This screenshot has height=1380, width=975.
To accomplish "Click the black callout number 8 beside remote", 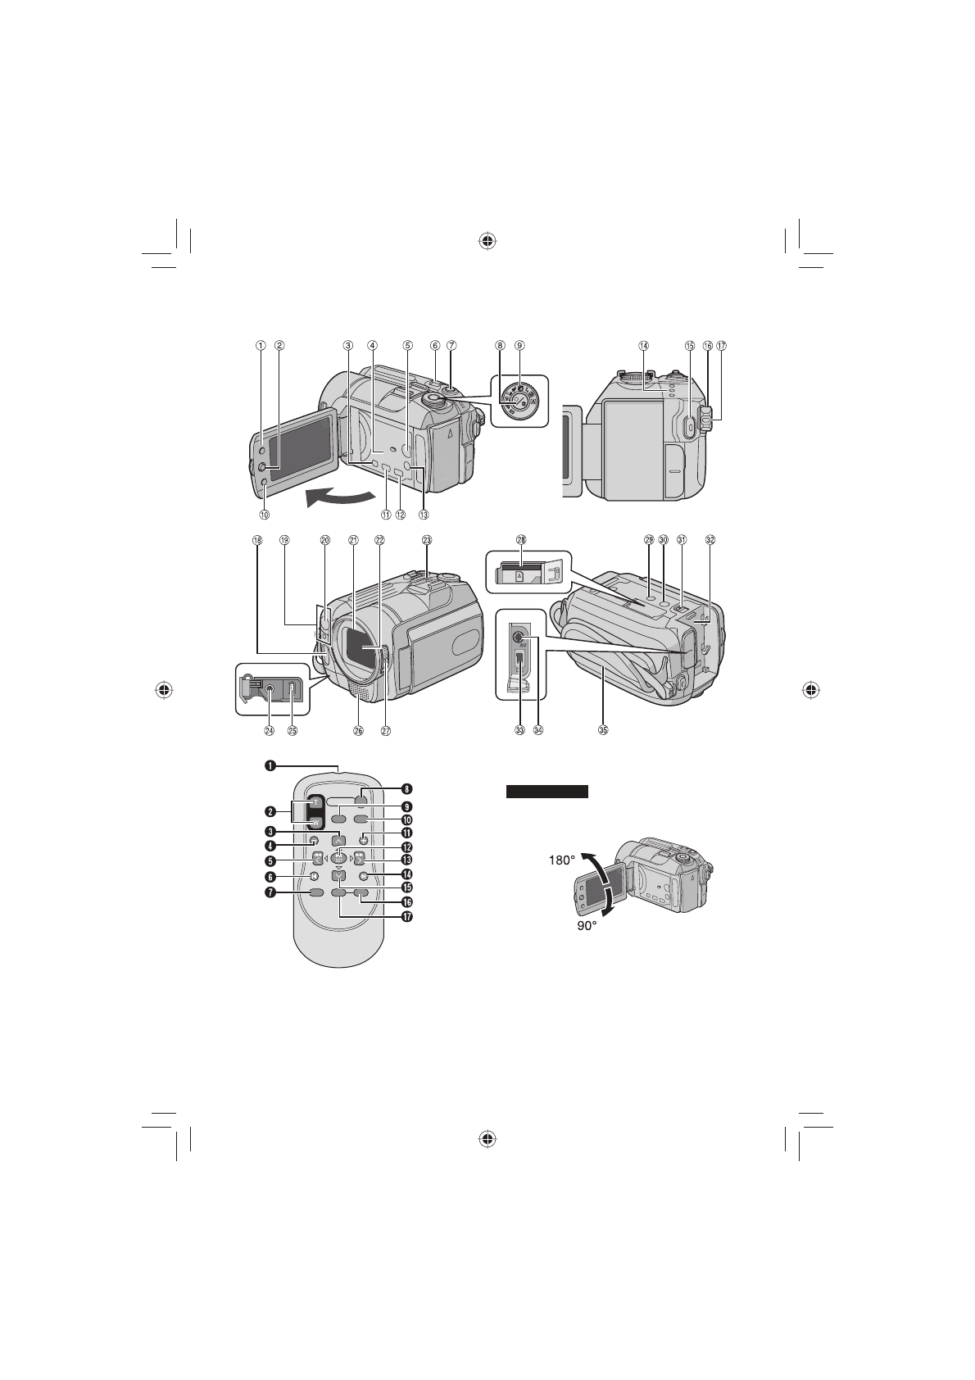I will [x=406, y=791].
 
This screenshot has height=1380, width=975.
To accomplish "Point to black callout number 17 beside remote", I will [x=406, y=917].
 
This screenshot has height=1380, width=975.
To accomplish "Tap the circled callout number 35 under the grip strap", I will [x=605, y=730].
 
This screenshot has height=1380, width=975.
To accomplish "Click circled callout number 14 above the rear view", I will [x=644, y=346].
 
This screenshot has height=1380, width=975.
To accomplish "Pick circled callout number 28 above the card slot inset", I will [x=521, y=540].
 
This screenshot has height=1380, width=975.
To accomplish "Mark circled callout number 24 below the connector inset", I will [x=270, y=730].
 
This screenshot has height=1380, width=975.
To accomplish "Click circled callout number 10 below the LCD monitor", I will [x=264, y=515].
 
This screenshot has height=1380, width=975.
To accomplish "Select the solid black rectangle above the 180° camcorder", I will [x=547, y=792].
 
